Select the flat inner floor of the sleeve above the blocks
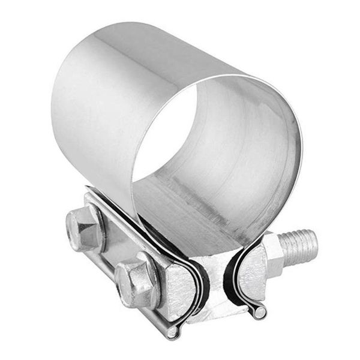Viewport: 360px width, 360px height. pos(192,216)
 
